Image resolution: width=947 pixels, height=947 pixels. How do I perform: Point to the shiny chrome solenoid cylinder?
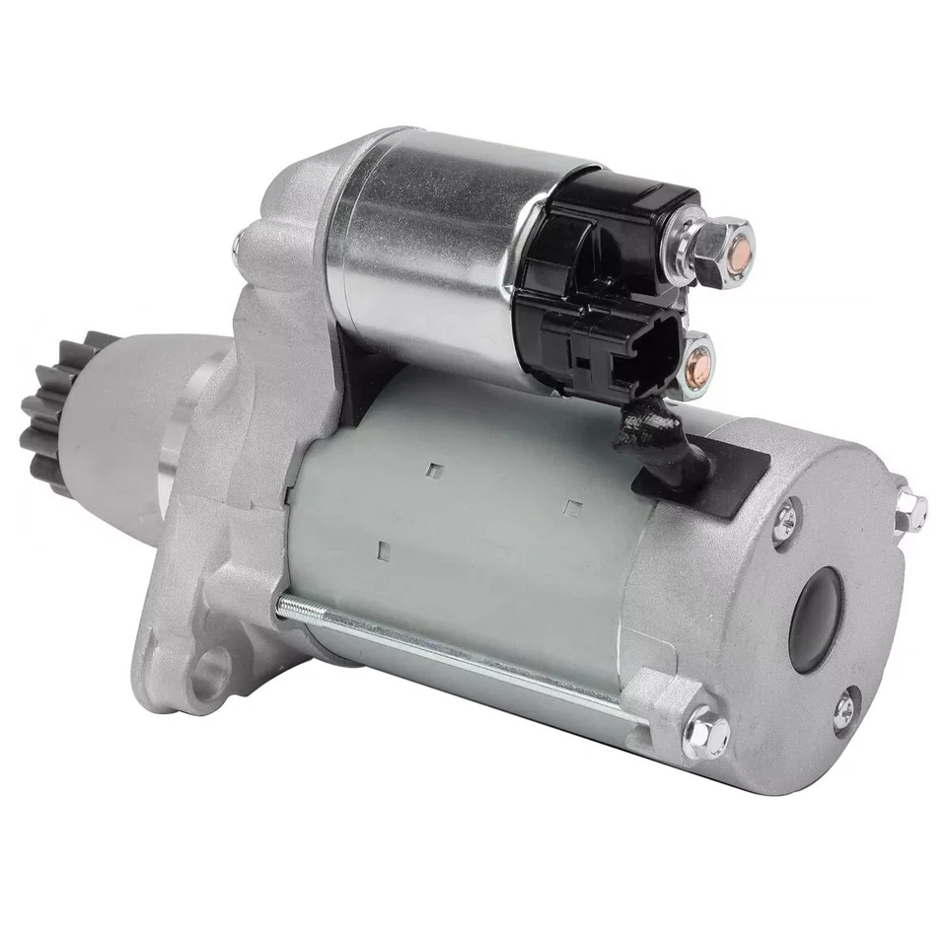[424, 247]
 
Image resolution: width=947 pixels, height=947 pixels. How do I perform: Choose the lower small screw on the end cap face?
[846, 712]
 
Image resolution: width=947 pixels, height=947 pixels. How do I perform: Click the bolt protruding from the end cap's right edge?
[913, 511]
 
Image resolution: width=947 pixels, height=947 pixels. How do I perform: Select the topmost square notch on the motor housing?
[432, 471]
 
